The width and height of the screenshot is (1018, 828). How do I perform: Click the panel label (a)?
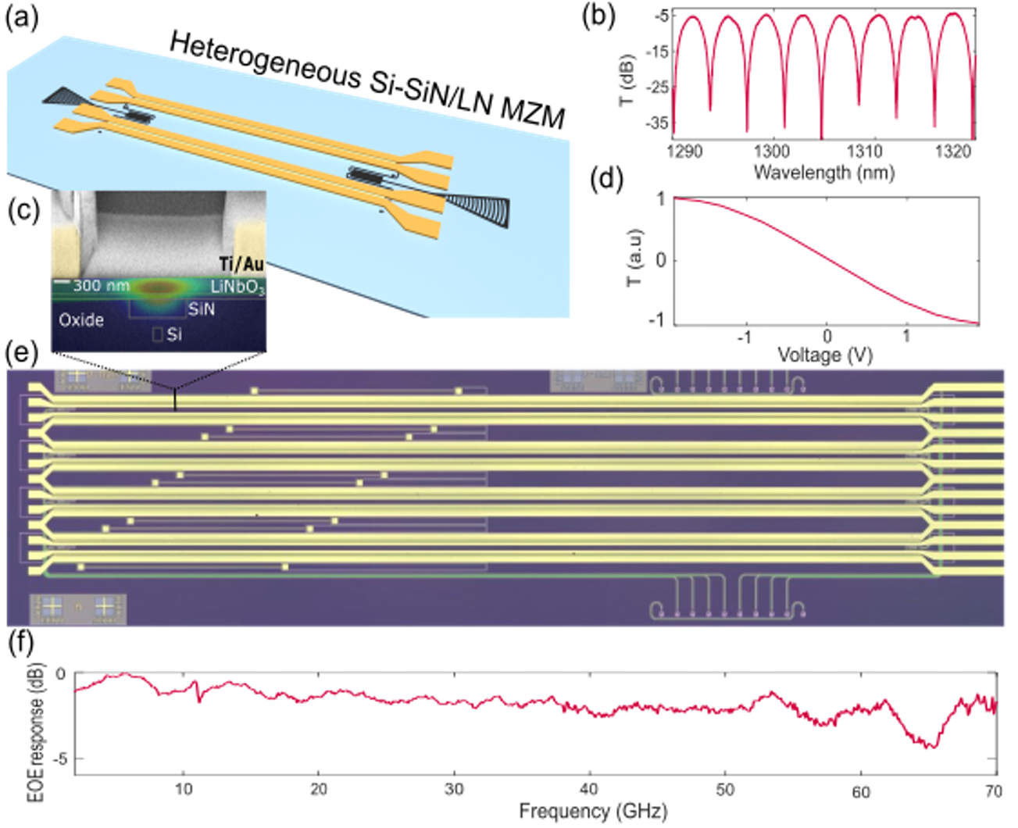click(x=21, y=17)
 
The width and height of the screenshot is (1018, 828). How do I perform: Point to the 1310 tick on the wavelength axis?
click(x=864, y=152)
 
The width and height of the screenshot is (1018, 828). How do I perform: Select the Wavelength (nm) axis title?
click(x=823, y=172)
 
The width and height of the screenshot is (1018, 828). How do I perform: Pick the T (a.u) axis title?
click(x=635, y=260)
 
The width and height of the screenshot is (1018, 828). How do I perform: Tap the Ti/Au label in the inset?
click(x=241, y=264)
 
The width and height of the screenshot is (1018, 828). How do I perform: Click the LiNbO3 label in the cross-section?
click(x=237, y=287)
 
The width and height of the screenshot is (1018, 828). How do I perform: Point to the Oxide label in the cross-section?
click(x=80, y=319)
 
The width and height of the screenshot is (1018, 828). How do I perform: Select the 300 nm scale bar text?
click(x=101, y=286)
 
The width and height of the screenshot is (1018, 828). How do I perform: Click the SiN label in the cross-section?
click(x=201, y=309)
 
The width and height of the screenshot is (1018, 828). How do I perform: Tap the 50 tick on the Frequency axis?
click(x=726, y=791)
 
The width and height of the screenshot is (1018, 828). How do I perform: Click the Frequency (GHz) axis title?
click(x=592, y=812)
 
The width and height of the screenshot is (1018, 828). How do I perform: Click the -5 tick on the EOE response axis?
click(x=59, y=758)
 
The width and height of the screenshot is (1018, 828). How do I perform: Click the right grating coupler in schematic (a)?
click(x=478, y=209)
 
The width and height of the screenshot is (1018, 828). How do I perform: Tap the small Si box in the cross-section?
click(x=158, y=335)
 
